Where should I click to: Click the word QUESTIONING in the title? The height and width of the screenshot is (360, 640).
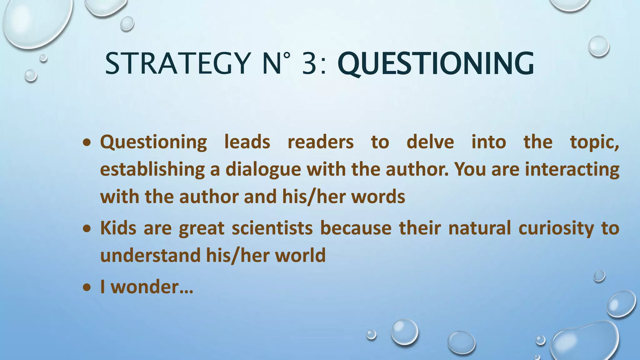point(436,64)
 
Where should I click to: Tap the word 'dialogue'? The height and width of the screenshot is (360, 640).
point(263,169)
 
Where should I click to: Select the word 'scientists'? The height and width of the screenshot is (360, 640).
point(272,228)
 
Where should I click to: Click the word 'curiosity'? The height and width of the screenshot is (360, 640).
point(556,228)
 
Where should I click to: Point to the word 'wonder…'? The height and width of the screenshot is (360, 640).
point(152,287)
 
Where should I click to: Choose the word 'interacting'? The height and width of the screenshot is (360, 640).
point(572,169)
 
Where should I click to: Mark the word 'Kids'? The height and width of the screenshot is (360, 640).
point(118,228)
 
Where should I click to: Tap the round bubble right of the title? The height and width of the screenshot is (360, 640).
point(598,46)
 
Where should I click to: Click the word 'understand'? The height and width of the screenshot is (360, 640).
point(150,255)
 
